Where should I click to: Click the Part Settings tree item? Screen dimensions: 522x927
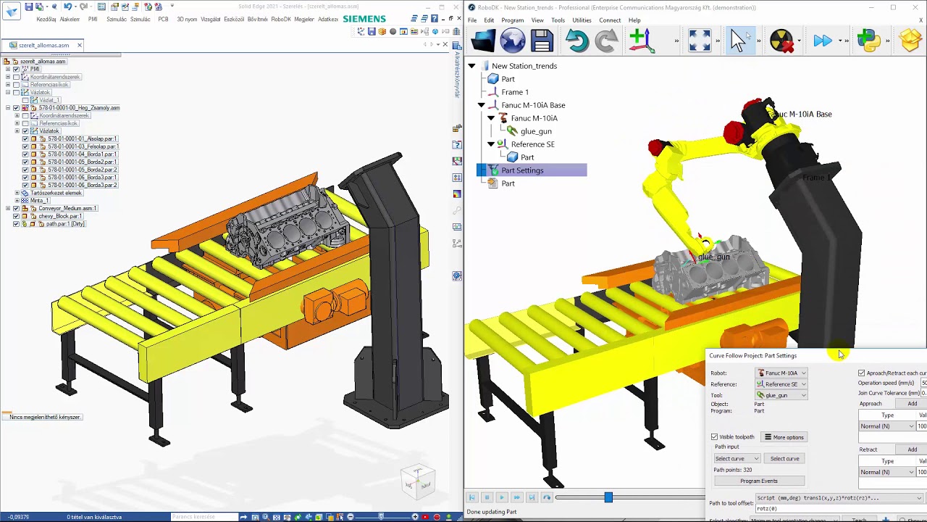tap(522, 170)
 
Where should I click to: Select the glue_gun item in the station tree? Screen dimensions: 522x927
tap(536, 131)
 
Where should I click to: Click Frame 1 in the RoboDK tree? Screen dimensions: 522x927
tap(515, 92)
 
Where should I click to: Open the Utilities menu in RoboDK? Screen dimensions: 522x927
tap(582, 20)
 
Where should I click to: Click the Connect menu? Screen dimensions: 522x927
tap(609, 20)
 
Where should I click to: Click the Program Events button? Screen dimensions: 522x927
tap(758, 481)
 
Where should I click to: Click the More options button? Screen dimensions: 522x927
tap(784, 437)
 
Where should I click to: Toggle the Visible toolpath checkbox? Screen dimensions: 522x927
tap(715, 437)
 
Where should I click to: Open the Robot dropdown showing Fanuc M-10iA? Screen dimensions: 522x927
tap(781, 373)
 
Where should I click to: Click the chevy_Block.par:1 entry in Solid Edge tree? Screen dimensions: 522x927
tap(60, 216)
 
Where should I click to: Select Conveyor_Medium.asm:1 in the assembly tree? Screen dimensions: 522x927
tap(67, 208)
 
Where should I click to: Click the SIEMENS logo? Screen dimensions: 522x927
tap(364, 19)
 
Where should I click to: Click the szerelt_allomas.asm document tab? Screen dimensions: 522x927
tap(44, 45)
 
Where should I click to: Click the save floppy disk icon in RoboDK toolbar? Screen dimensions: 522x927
tap(542, 41)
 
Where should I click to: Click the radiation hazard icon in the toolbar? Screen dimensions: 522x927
tap(781, 41)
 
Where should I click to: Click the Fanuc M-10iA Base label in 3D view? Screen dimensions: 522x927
tap(804, 115)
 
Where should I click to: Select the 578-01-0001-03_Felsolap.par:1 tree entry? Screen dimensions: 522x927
tap(83, 146)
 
